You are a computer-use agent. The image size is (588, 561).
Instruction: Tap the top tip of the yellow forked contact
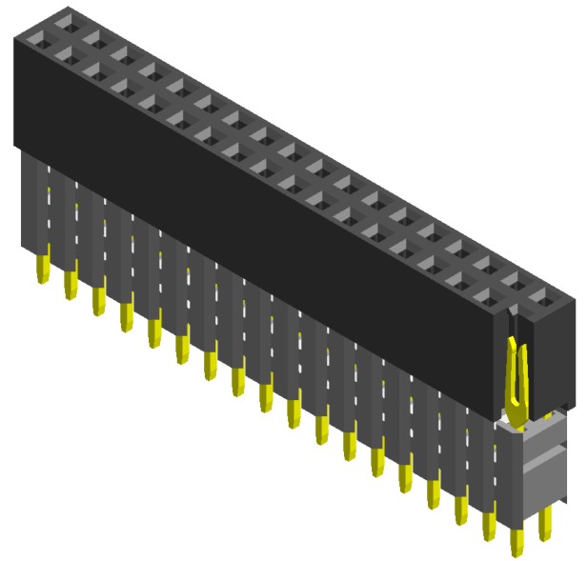(x=514, y=340)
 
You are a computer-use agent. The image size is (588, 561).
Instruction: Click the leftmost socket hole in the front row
(x=40, y=38)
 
